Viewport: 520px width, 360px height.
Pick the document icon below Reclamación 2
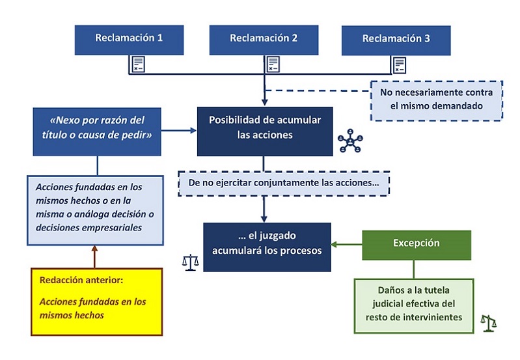tap(273, 64)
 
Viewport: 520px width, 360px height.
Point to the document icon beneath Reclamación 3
tap(398, 64)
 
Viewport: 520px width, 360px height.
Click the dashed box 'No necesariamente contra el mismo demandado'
tap(436, 100)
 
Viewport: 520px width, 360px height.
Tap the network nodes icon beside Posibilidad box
tap(351, 141)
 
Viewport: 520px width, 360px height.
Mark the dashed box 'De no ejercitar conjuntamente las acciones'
tap(284, 183)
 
